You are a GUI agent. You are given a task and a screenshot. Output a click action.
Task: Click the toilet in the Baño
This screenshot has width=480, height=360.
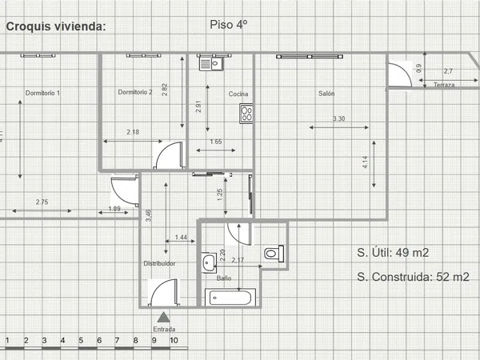pos(274,254)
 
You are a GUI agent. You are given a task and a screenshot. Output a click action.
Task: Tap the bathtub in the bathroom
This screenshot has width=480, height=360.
pos(230,298)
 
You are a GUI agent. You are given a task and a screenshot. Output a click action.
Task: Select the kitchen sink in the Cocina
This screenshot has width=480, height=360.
pos(211,64)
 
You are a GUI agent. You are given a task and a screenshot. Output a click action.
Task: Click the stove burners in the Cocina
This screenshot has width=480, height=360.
pos(246,114)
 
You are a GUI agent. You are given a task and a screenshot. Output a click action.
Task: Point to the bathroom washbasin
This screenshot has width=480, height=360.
pos(209,262)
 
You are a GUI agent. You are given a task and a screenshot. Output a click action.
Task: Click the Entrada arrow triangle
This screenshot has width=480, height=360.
pos(163,318)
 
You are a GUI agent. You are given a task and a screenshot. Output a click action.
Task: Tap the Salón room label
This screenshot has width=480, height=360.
pos(326,94)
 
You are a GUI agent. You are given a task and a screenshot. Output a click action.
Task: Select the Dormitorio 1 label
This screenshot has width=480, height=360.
pos(42,93)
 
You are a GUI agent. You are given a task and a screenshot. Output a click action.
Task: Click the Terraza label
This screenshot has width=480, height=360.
pos(444,85)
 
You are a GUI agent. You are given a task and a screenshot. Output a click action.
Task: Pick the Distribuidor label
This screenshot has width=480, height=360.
pos(159,263)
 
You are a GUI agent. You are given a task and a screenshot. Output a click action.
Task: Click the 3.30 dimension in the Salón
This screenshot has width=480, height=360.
pos(339,118)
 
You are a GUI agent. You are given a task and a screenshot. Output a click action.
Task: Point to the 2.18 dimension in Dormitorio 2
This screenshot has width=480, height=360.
pos(133,132)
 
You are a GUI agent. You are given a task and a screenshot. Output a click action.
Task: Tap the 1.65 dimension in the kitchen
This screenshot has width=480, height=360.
pos(216,142)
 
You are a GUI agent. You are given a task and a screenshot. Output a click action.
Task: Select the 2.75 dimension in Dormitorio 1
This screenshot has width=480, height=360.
pos(42,202)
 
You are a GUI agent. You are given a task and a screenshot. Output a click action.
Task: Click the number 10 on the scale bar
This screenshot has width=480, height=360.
pos(174,341)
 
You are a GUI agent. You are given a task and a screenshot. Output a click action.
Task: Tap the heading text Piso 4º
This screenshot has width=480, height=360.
pos(229,25)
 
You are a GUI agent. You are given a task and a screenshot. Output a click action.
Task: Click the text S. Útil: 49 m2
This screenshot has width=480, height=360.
pos(393,253)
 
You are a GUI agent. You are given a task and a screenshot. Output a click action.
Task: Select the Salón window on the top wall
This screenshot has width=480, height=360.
pos(310,57)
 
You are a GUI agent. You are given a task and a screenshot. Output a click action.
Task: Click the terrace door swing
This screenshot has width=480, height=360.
pos(400,74)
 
